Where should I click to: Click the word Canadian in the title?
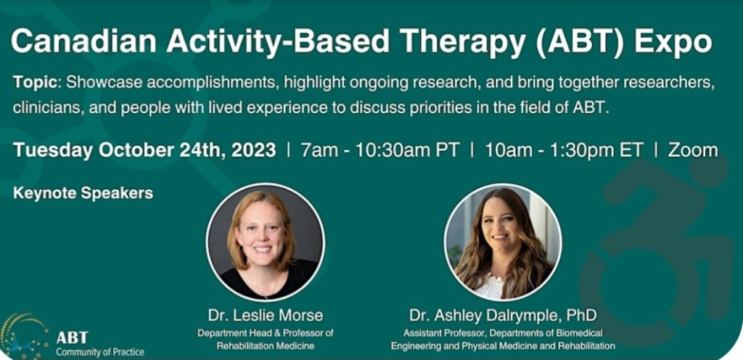[x=84, y=41]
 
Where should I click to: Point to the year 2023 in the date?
[x=253, y=150]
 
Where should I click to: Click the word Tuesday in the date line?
[x=53, y=151]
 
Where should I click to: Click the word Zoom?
[x=693, y=150]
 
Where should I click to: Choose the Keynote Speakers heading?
[x=83, y=193]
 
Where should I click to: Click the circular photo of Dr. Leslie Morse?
[x=266, y=242]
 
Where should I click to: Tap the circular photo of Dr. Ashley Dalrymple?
[x=503, y=242]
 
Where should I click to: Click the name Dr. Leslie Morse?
[x=266, y=315]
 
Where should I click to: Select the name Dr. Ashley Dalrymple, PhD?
[x=503, y=316]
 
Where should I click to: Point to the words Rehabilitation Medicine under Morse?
[x=266, y=345]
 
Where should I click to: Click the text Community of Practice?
[x=100, y=352]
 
